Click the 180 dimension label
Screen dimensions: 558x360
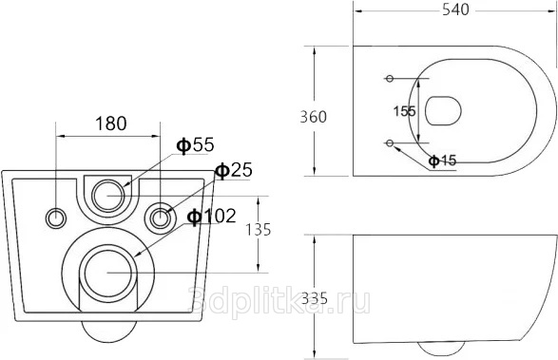pos(110,123)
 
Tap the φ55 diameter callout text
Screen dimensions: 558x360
pos(196,144)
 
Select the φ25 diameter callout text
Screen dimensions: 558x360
pos(234,170)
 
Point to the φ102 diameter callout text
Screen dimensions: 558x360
pos(212,216)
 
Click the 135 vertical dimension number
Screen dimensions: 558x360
pos(259,230)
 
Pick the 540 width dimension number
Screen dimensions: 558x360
pos(456,9)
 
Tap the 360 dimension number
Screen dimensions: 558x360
pos(313,117)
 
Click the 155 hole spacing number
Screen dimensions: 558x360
pos(405,111)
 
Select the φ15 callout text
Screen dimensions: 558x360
pos(442,161)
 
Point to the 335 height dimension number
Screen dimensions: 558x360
pos(315,298)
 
